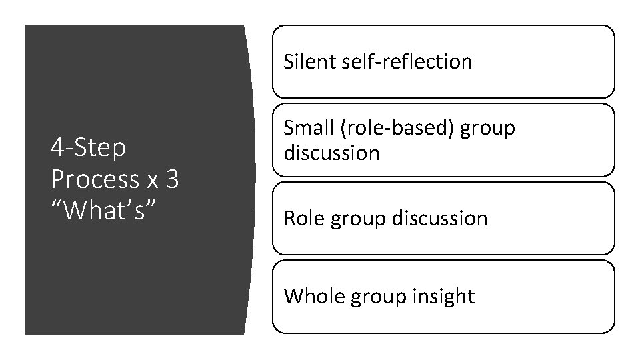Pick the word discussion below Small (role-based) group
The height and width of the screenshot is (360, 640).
point(331,153)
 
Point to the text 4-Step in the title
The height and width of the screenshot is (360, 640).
point(87,149)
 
